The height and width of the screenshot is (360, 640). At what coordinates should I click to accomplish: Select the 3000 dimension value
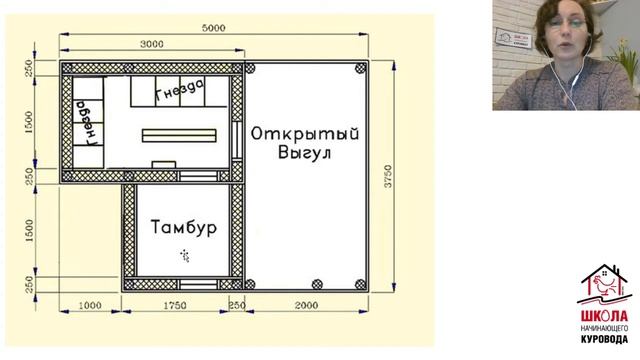coord(151,44)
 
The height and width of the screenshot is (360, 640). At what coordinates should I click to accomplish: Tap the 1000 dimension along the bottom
coord(91,304)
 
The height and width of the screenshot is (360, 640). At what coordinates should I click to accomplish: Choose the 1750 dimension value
coord(176,304)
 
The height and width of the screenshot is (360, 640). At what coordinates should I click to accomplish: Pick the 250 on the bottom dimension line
coord(237,304)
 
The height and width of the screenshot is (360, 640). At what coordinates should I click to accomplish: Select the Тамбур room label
coord(184,229)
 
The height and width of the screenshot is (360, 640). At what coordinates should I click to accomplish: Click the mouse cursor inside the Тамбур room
coord(185,255)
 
